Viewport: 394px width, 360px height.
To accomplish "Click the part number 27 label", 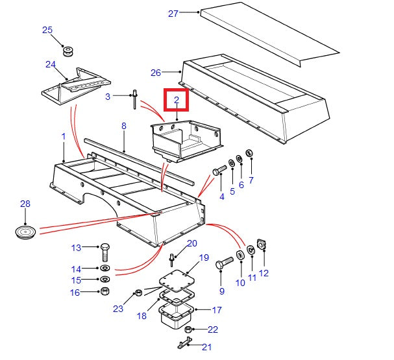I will [x=173, y=13].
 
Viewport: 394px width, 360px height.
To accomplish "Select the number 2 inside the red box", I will [x=175, y=101].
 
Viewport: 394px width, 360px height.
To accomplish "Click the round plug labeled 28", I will [x=25, y=232].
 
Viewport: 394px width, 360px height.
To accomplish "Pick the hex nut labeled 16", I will [x=105, y=291].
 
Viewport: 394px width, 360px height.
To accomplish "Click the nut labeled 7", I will [x=250, y=154].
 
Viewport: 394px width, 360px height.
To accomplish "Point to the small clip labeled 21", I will [x=184, y=342].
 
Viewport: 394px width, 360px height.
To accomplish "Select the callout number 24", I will [x=51, y=64].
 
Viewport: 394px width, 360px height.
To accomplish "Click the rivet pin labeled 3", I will [x=135, y=98].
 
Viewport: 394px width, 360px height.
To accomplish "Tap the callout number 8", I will [x=123, y=127].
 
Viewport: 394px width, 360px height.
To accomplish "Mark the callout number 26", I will [x=155, y=73].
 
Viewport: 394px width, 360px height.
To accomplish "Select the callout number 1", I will [x=64, y=137].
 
